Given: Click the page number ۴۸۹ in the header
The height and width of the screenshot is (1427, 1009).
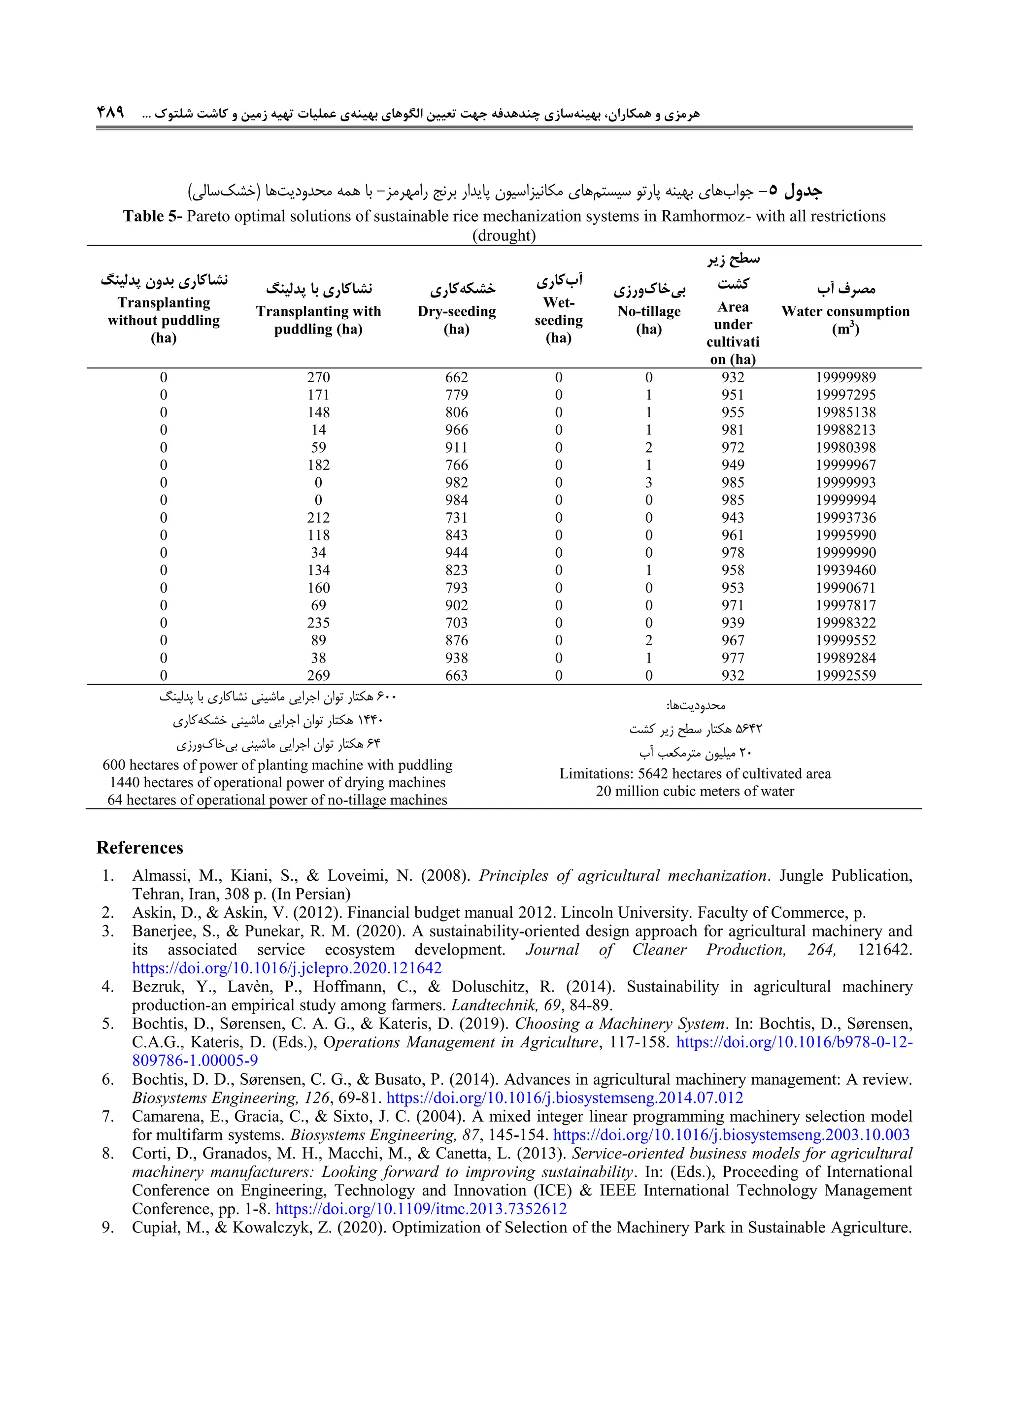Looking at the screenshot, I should tap(111, 112).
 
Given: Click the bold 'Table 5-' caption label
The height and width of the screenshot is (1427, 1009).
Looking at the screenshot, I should tap(152, 216).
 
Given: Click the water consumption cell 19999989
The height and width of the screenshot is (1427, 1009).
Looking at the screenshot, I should tap(845, 377).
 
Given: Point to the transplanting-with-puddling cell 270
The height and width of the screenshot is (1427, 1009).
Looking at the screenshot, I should tap(318, 377).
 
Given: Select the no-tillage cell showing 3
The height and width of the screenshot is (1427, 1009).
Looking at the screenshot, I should tap(648, 483).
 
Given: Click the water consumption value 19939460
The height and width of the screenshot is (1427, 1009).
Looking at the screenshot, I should tap(845, 570).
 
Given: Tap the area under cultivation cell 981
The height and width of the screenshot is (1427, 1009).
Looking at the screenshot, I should tap(733, 430).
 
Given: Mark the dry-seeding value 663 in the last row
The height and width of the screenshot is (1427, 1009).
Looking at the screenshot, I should tap(456, 676).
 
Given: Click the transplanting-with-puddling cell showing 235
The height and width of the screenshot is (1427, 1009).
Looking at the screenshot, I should tap(318, 623).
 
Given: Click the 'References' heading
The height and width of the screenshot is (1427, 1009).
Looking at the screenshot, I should tap(140, 848).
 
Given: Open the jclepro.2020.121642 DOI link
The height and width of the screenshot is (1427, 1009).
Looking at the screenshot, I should tap(287, 968).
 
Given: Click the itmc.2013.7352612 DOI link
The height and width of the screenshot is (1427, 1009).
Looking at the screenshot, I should tap(421, 1209).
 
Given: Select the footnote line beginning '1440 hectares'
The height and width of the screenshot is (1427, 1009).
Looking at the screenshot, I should tap(277, 783).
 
